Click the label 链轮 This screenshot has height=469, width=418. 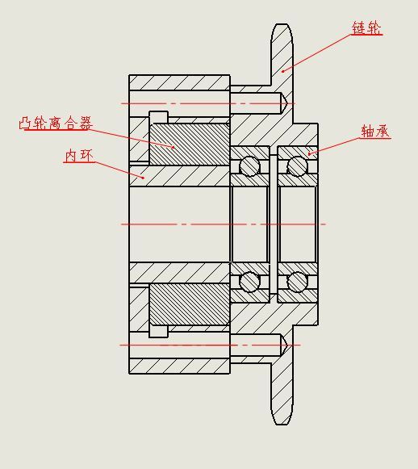coord(366,28)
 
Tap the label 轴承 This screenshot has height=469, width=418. coord(375,131)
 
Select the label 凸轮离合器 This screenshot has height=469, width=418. coord(56,123)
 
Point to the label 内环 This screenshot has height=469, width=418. coord(79,156)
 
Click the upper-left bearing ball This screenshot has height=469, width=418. coord(250,166)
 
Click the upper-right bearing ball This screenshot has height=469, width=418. coord(297,166)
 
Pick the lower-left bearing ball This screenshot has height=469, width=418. coord(250,282)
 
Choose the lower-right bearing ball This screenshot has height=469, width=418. coord(297,282)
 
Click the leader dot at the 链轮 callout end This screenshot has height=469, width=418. coord(282,71)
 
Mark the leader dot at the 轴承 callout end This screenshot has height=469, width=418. coord(309,153)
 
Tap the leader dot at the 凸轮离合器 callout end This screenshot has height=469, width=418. coord(173,147)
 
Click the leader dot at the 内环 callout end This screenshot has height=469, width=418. coord(144,178)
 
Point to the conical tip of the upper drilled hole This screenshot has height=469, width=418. coord(287,103)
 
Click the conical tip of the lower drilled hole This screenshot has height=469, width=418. coord(287,345)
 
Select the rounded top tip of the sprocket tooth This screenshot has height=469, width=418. coord(282,24)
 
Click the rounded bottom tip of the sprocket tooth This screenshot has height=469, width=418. coord(282,424)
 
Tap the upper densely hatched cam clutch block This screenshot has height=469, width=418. coord(190,144)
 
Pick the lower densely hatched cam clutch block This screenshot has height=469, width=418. coord(190,304)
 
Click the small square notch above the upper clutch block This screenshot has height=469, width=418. coord(158,117)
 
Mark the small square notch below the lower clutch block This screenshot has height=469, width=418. coord(158,332)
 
